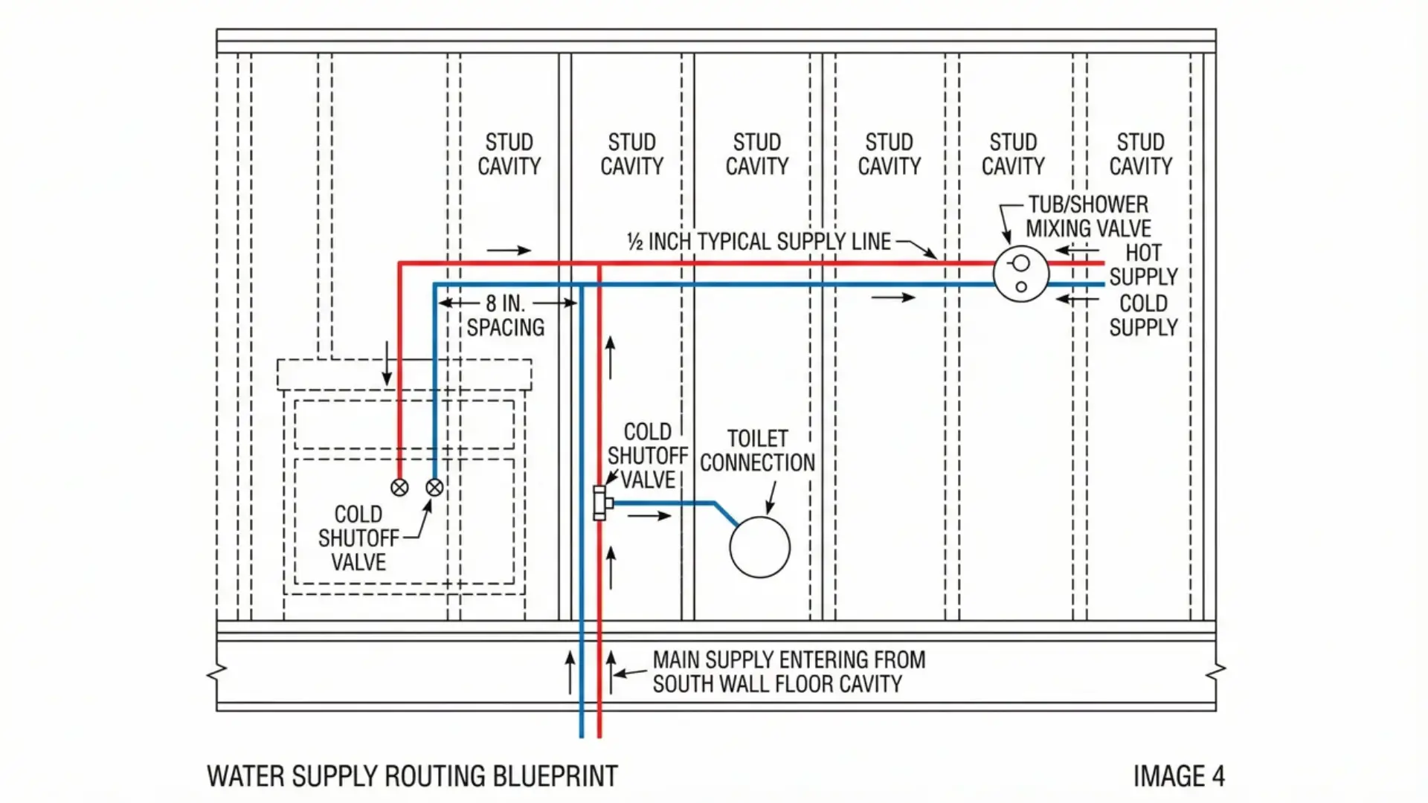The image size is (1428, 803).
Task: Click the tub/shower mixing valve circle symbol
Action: point(1020,274)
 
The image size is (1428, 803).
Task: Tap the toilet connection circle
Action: point(759,547)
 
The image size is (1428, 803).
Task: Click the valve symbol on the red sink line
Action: point(399,488)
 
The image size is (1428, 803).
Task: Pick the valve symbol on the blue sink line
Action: point(434,488)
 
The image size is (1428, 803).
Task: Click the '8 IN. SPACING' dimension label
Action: point(506,315)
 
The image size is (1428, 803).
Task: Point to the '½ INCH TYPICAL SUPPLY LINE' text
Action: point(759,242)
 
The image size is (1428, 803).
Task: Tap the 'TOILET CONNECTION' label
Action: point(757,451)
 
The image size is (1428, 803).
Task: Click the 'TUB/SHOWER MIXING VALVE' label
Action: point(1087,216)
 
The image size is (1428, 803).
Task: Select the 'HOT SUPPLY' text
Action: point(1143,265)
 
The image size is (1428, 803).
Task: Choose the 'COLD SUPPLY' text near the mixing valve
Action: point(1143,315)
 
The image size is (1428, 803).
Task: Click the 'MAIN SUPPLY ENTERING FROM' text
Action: point(788,660)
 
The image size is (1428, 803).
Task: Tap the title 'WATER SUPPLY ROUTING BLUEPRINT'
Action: point(412,776)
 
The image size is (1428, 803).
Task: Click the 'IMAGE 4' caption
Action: point(1178,776)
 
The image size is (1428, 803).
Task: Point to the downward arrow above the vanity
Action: point(387,364)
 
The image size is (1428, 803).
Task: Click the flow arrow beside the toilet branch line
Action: point(649,516)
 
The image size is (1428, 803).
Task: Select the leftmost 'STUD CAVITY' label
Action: point(509,154)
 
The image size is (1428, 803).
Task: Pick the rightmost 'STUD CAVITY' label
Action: point(1140,154)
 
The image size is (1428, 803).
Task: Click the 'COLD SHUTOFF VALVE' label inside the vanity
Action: point(358,538)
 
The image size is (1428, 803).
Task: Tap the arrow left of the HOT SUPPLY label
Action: point(1077,251)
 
